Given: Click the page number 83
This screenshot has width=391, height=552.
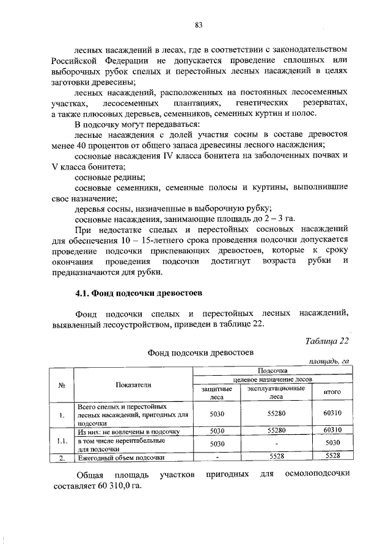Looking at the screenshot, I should click(x=199, y=25).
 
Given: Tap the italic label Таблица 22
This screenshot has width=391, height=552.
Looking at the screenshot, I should click(x=327, y=340).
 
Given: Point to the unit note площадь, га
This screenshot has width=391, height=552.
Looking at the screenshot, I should click(x=328, y=362).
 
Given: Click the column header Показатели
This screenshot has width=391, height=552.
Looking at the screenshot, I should click(x=133, y=384).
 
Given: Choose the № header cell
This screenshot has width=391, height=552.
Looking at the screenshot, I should click(x=61, y=384).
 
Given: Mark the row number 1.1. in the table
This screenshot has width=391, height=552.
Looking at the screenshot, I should click(x=61, y=440).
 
